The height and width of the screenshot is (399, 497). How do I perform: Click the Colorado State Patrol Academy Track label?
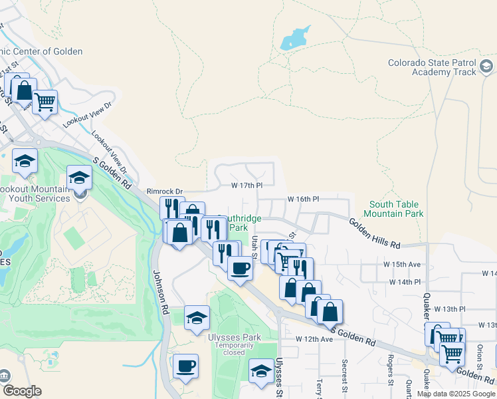pyautogui.click(x=433, y=68)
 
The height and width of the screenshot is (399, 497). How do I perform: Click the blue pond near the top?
pyautogui.click(x=295, y=39)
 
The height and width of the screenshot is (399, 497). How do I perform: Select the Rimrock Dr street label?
pyautogui.click(x=164, y=191)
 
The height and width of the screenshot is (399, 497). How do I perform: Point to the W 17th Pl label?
pyautogui.click(x=247, y=186)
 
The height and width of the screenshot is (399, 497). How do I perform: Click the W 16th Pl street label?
pyautogui.click(x=304, y=199)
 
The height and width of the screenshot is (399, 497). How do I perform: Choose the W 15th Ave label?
pyautogui.click(x=402, y=264)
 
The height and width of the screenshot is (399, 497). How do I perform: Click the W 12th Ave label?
pyautogui.click(x=314, y=339)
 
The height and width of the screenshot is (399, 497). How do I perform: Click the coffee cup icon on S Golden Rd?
pyautogui.click(x=240, y=268)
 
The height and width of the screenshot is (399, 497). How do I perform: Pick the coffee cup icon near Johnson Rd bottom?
pyautogui.click(x=185, y=365)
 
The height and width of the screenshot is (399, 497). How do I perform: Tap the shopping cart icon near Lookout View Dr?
pyautogui.click(x=45, y=102)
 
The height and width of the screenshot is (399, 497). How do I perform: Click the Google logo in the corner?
pyautogui.click(x=22, y=391)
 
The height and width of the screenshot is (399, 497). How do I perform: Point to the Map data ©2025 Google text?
pyautogui.click(x=456, y=394)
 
